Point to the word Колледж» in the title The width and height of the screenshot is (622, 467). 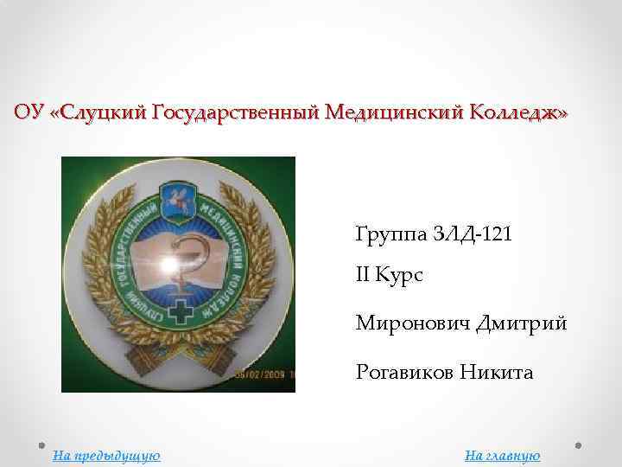518,113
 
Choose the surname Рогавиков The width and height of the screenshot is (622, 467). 404,373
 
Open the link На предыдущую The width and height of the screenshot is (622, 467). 106,456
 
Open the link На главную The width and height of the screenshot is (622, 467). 502,456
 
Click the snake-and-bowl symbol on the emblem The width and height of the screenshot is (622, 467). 180,264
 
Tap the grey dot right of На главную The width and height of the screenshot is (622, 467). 577,447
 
